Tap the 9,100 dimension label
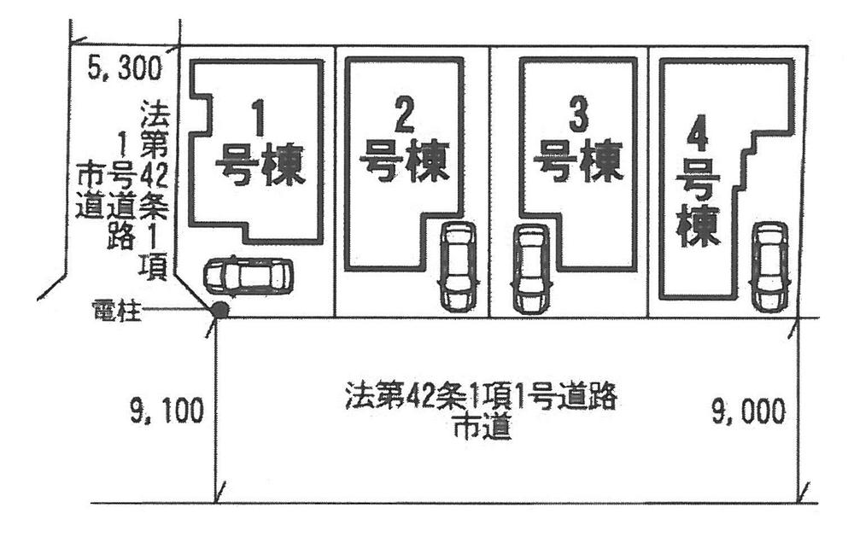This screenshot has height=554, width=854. tap(167, 412)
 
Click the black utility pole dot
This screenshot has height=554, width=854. tap(219, 310)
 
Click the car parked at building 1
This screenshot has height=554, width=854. tap(248, 276)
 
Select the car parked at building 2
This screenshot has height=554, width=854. tap(457, 266)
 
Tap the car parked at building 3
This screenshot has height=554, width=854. tap(530, 269)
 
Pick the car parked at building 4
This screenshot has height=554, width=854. tap(770, 267)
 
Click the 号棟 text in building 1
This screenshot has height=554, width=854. tap(259, 165)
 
